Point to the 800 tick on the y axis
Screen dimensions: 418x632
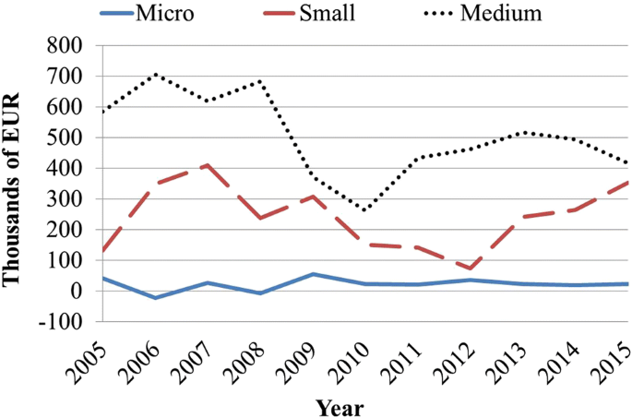pyautogui.click(x=64, y=45)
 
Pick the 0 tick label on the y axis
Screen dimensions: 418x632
pyautogui.click(x=77, y=292)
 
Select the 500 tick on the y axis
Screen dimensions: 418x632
pyautogui.click(x=64, y=137)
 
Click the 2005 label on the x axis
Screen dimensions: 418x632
pyautogui.click(x=90, y=363)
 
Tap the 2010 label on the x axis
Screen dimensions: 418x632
pyautogui.click(x=353, y=363)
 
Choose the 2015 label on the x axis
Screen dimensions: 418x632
pyautogui.click(x=616, y=363)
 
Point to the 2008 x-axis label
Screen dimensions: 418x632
pyautogui.click(x=248, y=363)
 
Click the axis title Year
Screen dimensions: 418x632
pyautogui.click(x=339, y=406)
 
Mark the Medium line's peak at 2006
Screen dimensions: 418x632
pyautogui.click(x=155, y=74)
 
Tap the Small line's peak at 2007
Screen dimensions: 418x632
pyautogui.click(x=208, y=165)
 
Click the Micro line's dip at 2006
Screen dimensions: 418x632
pyautogui.click(x=155, y=298)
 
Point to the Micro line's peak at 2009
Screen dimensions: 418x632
pyautogui.click(x=313, y=274)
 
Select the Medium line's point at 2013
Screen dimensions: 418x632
pyautogui.click(x=523, y=132)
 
